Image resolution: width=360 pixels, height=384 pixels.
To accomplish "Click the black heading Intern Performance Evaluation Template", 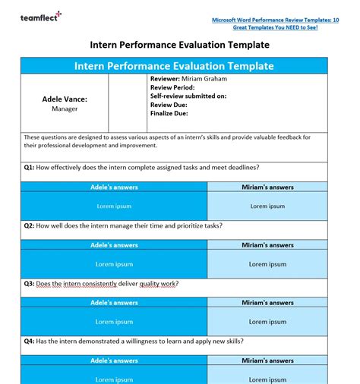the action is (179, 45).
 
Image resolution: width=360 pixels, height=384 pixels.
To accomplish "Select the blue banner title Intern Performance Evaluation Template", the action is (174, 66).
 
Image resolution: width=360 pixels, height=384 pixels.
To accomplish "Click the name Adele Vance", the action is (65, 99).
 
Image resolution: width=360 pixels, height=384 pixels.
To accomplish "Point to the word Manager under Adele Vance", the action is (65, 109).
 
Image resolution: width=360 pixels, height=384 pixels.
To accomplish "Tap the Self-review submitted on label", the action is (188, 96).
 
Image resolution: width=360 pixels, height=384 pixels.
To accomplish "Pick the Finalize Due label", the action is (169, 114).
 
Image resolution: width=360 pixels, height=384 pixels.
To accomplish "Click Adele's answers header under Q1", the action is (114, 187).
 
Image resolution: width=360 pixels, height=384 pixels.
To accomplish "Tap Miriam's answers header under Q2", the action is (267, 245).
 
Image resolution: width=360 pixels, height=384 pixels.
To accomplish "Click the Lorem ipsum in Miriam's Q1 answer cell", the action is (267, 206).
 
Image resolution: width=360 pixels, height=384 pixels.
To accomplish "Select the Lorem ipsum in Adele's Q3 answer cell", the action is (114, 322).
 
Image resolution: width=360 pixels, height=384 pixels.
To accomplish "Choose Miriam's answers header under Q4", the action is (267, 361).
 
